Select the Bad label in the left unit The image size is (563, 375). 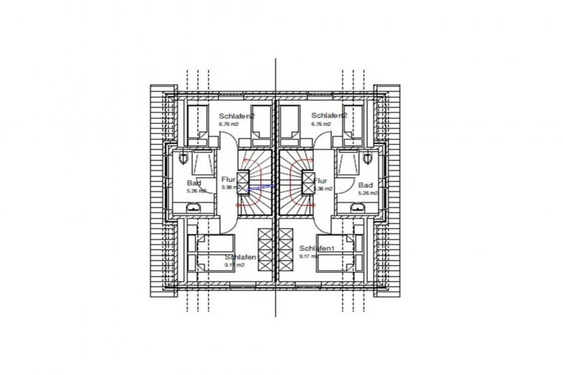point(194,184)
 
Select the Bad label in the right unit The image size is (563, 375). point(365,185)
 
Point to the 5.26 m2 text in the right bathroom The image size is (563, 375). point(368,193)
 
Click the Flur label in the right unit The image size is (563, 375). point(320,181)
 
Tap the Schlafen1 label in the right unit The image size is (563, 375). point(317,248)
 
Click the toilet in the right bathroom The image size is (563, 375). point(369,157)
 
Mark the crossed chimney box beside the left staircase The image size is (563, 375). point(243,181)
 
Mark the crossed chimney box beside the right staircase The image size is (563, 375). point(309,181)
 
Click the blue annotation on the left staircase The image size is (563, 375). point(260,188)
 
